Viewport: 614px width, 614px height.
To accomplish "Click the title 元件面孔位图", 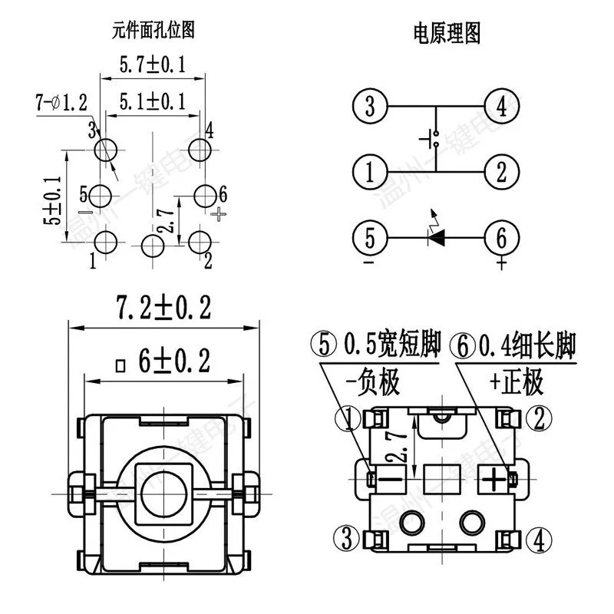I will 153,30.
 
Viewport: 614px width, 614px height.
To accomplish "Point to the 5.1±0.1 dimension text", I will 152,101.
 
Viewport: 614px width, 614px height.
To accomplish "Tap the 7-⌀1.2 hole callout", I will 61,101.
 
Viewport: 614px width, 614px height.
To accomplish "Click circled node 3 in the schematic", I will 371,106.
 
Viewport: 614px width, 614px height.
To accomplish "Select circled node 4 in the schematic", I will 501,106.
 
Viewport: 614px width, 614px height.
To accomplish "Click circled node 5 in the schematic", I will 371,238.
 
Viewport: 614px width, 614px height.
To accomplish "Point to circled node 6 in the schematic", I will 501,238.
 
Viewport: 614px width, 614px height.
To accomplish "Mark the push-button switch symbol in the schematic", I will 433,139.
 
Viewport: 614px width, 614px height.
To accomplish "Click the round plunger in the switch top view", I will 163,490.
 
